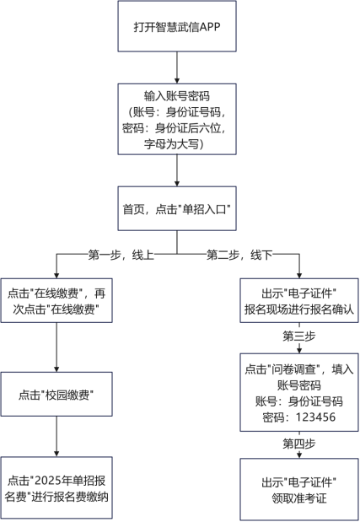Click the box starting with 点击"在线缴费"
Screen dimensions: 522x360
coord(56,301)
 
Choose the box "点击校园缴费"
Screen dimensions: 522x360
coord(56,395)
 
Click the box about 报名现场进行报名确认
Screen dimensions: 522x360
coord(298,301)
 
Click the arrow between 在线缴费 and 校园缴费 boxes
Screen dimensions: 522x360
coord(56,346)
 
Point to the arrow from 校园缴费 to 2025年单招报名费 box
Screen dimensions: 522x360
coord(56,439)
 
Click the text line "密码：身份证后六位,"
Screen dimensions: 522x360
coord(176,128)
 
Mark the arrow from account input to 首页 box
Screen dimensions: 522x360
coord(176,170)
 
